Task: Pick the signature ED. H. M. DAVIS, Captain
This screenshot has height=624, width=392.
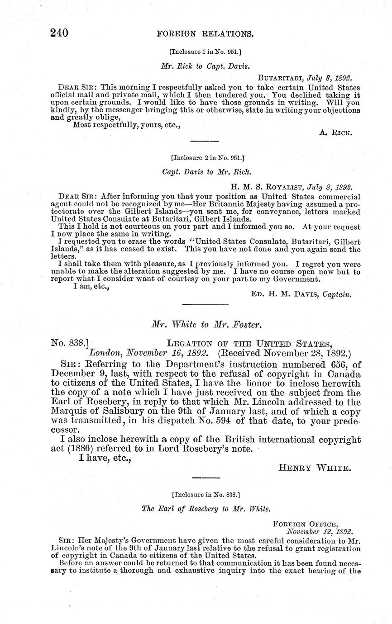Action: pyautogui.click(x=301, y=294)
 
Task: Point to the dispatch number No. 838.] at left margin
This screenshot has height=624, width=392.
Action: pyautogui.click(x=68, y=343)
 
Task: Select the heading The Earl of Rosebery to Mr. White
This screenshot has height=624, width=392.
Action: pyautogui.click(x=206, y=508)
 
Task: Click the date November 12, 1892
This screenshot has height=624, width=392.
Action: pyautogui.click(x=320, y=532)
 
